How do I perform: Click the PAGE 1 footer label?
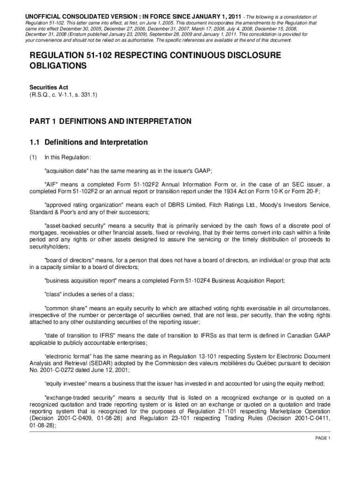pyautogui.click(x=323, y=438)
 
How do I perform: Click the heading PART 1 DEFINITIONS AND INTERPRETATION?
pyautogui.click(x=110, y=121)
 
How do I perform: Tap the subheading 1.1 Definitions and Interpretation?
pyautogui.click(x=89, y=142)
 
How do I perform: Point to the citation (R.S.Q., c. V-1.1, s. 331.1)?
pyautogui.click(x=64, y=94)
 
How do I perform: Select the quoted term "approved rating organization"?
pyautogui.click(x=84, y=205)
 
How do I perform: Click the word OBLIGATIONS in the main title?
pyautogui.click(x=58, y=66)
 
